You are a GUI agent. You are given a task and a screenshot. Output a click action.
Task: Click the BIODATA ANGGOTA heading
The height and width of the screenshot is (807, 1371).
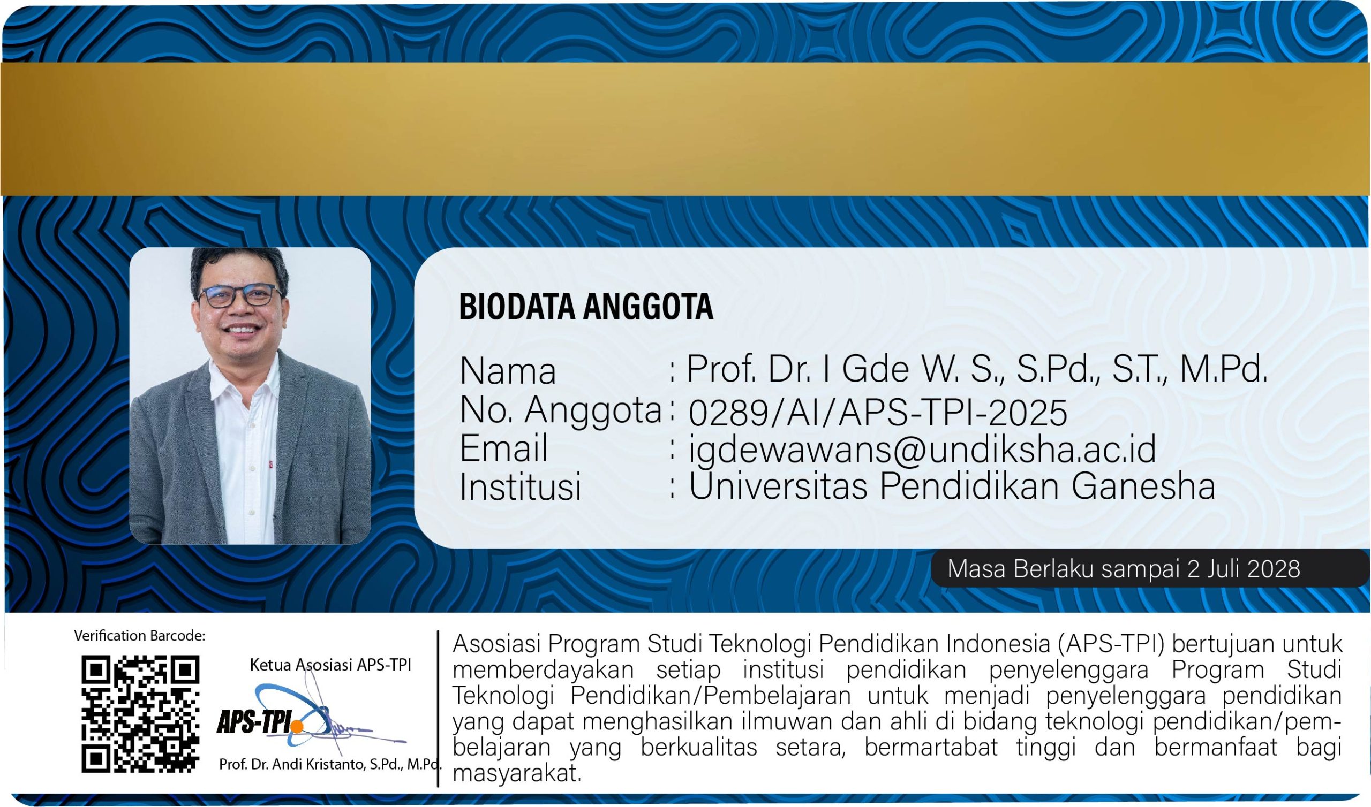click(586, 306)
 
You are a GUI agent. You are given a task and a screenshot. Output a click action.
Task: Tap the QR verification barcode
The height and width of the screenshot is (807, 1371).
click(140, 714)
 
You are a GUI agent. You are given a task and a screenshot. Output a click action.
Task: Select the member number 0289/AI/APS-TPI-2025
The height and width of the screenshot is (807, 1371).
click(878, 413)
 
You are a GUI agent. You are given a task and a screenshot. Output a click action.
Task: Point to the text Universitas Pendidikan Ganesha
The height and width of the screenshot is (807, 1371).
click(952, 485)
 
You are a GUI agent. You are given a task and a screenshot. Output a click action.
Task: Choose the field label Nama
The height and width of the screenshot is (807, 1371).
click(508, 371)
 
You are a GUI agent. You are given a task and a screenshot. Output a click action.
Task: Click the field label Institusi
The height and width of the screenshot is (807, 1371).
click(521, 486)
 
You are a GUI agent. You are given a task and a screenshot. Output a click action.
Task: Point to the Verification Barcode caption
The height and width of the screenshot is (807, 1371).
click(140, 636)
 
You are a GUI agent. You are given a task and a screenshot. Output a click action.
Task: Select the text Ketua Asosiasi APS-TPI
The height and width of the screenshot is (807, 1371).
click(330, 665)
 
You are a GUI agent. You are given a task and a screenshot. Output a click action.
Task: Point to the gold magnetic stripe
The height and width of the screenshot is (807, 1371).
click(685, 129)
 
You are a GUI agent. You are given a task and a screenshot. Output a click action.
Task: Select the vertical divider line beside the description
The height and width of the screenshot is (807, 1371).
click(438, 708)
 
